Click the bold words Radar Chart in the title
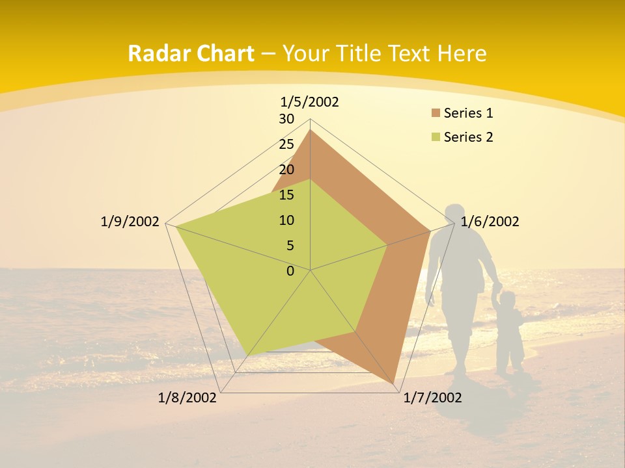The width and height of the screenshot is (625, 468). click(191, 53)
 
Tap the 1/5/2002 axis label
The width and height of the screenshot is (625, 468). click(310, 102)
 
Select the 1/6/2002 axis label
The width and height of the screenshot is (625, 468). click(490, 222)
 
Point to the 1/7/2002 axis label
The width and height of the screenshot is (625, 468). click(432, 398)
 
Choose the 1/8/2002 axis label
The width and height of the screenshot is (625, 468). click(187, 398)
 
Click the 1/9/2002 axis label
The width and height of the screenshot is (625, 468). click(130, 222)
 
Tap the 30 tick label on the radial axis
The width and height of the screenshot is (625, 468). click(286, 119)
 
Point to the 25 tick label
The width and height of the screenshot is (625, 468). click(286, 144)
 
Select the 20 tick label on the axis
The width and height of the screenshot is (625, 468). click(286, 170)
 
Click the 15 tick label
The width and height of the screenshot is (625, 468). click(286, 195)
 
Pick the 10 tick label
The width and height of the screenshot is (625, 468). click(286, 220)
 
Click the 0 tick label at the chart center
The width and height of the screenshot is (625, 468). click(290, 271)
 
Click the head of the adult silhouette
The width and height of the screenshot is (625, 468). click(457, 214)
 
